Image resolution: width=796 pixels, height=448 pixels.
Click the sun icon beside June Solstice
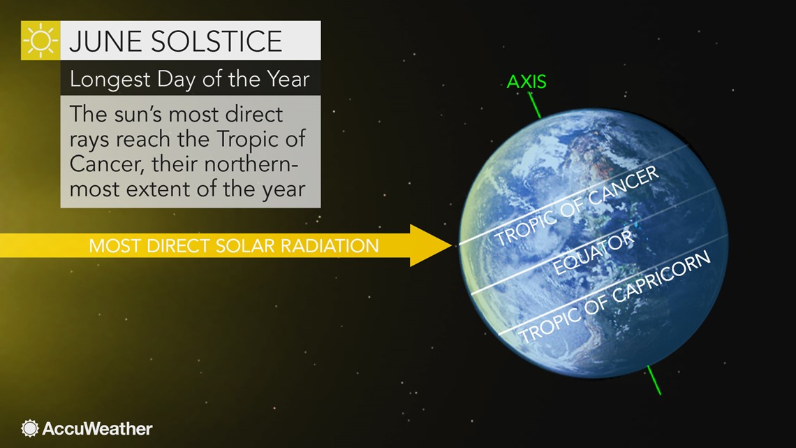click(40, 41)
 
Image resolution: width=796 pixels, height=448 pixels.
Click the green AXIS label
click(526, 82)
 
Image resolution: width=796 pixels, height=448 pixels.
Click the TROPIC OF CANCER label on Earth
click(577, 207)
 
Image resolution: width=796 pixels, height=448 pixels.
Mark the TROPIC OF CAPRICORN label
click(614, 296)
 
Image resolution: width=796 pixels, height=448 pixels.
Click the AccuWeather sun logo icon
click(30, 428)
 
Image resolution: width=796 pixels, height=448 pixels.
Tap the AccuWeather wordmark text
click(97, 428)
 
